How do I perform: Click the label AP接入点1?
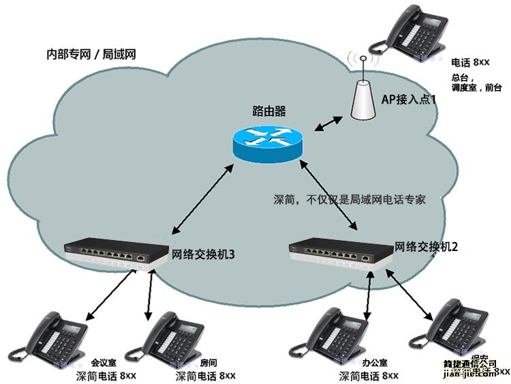(409, 100)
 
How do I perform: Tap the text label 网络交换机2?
(426, 247)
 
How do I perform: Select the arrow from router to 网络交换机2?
(328, 195)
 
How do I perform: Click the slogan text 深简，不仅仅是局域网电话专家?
(350, 200)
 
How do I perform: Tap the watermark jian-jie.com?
(470, 373)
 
